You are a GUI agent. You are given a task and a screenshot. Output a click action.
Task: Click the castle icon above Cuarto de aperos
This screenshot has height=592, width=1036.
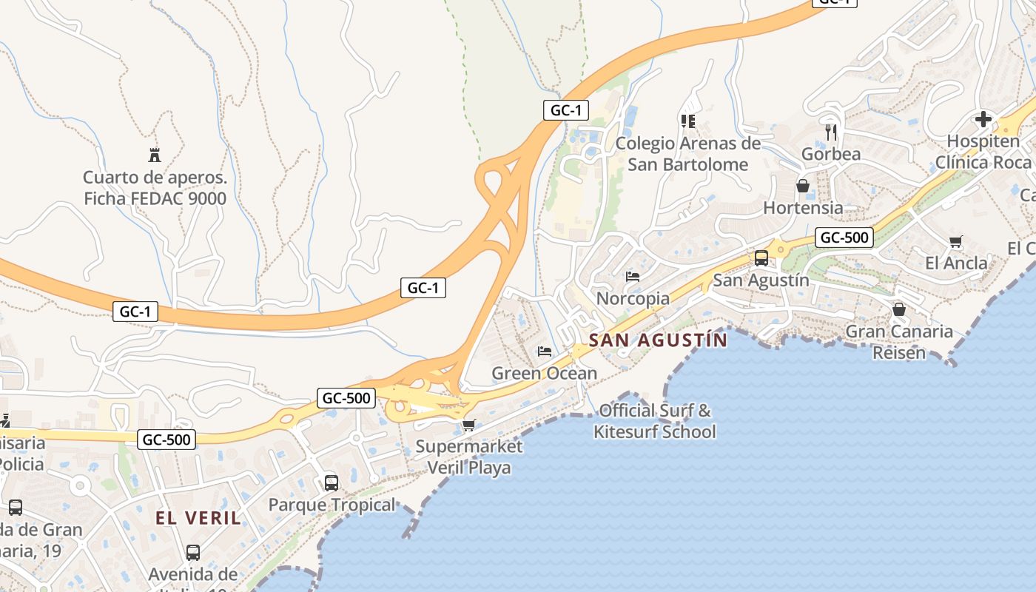155,155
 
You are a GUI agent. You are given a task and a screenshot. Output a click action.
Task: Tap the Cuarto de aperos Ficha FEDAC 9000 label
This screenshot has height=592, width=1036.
155,188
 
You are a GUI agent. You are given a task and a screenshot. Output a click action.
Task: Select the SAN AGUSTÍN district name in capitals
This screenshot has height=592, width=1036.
658,340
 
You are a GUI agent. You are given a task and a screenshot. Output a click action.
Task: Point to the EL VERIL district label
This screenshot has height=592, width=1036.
198,518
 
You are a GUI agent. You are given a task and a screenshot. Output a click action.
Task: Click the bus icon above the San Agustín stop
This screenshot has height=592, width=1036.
761,258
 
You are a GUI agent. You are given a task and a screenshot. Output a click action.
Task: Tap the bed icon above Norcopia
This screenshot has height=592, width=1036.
633,277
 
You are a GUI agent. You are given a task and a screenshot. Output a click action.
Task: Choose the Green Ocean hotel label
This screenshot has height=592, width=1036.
544,373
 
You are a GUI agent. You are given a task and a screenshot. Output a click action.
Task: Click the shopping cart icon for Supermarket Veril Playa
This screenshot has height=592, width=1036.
468,425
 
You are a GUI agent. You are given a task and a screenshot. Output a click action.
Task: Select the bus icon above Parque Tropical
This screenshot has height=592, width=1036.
332,483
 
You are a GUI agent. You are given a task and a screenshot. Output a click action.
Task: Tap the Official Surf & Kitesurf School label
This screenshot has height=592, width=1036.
655,420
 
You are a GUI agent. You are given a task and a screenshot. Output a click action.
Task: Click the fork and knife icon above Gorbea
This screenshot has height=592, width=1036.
831,132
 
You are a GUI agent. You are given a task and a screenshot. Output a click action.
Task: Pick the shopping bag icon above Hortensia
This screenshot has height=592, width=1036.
803,186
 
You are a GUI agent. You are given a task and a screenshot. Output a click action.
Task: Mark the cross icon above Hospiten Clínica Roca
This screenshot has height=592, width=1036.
983,119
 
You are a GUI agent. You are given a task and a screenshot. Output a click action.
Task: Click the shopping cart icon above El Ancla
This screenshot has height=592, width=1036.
956,241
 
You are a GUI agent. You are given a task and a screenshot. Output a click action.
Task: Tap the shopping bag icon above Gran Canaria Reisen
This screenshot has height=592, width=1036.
899,309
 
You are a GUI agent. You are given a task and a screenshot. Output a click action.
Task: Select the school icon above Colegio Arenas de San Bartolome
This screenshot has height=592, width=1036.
688,121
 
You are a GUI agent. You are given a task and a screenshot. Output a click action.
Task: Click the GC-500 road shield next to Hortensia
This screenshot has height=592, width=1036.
844,238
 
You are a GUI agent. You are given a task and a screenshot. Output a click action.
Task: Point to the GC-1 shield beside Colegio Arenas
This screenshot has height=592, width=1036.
565,110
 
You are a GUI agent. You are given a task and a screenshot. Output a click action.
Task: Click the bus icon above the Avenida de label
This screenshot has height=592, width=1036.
193,552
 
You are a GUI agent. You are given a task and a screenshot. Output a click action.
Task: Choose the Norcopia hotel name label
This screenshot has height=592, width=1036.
633,298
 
